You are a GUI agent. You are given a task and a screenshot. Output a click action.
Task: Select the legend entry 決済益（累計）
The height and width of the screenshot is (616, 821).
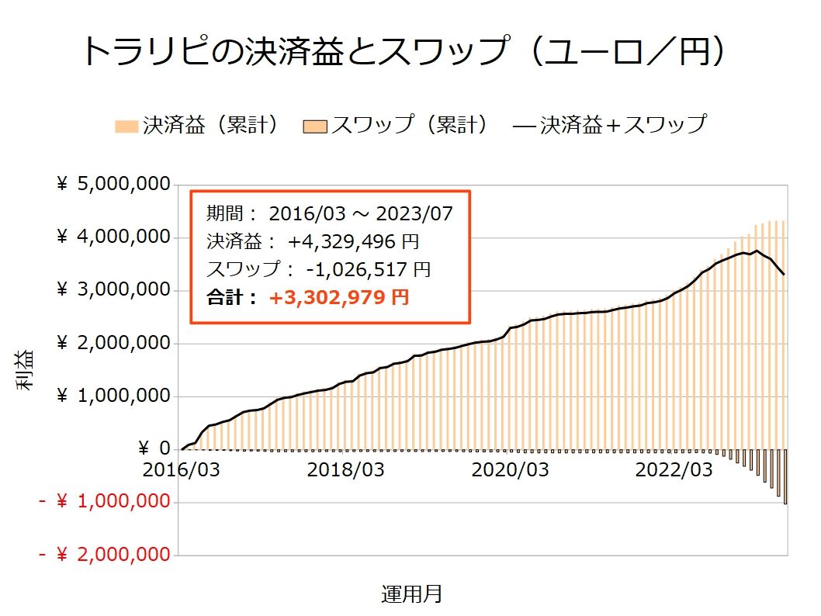[197, 124]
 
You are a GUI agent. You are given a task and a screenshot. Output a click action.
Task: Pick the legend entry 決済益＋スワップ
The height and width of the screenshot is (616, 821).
[609, 124]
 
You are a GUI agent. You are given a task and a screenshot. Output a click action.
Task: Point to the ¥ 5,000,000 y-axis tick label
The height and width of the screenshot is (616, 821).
[114, 185]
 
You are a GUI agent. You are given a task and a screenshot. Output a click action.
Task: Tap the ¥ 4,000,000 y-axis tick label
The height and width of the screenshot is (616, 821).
[114, 237]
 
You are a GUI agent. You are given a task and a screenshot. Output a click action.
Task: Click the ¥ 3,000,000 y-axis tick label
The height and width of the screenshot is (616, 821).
[114, 290]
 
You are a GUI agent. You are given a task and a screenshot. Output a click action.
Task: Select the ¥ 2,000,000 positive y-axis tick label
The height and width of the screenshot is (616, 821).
[114, 343]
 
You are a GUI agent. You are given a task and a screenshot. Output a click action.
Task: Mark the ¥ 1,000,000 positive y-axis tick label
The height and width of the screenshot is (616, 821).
[114, 396]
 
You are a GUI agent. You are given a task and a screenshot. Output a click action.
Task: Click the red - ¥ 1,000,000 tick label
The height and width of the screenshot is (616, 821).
[104, 502]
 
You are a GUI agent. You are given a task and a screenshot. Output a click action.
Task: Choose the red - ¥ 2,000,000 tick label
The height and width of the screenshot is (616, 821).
[104, 555]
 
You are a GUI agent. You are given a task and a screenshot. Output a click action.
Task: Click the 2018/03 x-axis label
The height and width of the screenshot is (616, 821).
[347, 469]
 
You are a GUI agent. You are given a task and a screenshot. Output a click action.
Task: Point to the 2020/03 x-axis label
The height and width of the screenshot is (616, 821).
[511, 469]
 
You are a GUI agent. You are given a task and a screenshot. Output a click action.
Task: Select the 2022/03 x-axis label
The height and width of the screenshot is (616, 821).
[674, 469]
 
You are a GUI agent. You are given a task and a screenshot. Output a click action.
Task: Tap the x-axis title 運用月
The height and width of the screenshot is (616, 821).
[411, 594]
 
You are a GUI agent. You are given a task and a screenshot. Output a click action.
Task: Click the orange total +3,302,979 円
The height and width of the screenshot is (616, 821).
[338, 297]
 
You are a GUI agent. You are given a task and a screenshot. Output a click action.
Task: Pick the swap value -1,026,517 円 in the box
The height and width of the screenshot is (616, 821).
[368, 270]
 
